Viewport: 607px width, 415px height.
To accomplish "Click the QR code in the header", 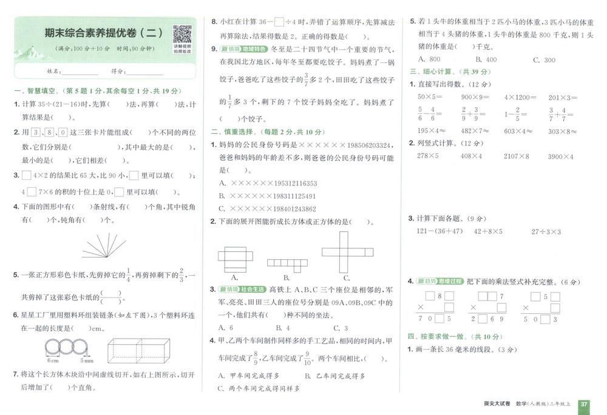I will coord(182,34).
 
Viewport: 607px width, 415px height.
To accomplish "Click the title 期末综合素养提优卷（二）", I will coord(103,32).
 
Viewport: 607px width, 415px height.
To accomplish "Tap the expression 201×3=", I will coord(563,97).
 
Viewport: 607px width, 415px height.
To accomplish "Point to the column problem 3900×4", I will coord(560,156).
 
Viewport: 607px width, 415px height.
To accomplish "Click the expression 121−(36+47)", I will coord(439,231).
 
